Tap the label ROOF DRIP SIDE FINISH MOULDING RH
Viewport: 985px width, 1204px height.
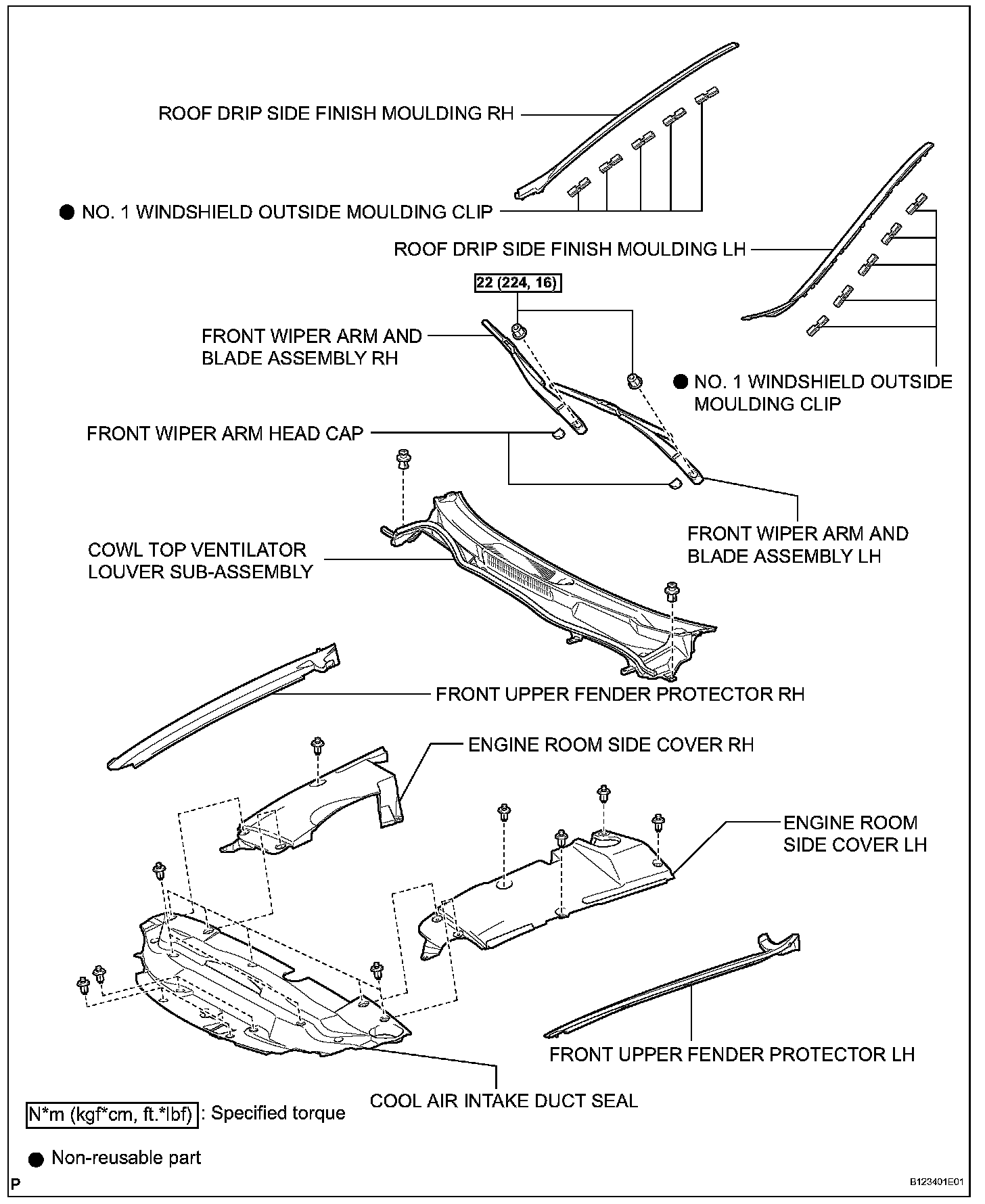coord(336,113)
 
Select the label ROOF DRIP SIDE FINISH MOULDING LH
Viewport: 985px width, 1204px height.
coord(570,250)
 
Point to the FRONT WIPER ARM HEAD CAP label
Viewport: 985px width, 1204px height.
coord(225,434)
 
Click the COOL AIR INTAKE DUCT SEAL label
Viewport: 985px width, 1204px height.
coord(504,1101)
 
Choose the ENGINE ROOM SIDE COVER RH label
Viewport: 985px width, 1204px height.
coord(611,745)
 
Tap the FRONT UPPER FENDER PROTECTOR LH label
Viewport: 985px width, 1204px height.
coord(732,1055)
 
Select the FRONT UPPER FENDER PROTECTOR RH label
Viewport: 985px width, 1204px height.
coord(620,695)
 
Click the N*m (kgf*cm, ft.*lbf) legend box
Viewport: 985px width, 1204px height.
coord(112,1114)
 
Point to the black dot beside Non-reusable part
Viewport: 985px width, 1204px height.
coord(37,1159)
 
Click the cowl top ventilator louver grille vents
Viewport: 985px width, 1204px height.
coord(514,564)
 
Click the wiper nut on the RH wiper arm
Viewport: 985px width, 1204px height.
coord(520,331)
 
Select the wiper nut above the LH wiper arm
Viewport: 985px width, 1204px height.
coord(634,381)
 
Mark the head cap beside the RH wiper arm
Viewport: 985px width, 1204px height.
coord(558,434)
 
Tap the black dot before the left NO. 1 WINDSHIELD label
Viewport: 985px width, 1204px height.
coord(67,212)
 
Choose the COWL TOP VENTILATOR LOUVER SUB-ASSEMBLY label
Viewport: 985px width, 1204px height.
coord(200,561)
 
